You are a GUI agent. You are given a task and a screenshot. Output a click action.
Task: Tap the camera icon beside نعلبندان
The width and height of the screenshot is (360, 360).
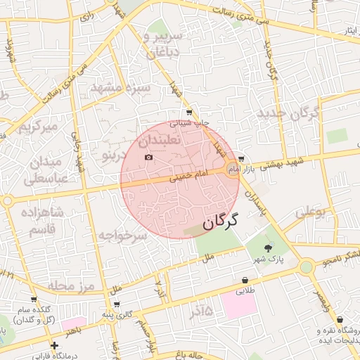click(148, 156)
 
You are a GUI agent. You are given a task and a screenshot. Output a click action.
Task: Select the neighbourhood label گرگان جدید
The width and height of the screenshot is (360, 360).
click(288, 112)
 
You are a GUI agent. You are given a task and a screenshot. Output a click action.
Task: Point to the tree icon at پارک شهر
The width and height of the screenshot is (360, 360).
click(267, 248)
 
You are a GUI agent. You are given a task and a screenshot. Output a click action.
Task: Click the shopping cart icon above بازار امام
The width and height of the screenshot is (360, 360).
click(242, 159)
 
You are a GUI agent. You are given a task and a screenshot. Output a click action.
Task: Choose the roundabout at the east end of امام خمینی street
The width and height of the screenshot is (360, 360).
click(233, 169)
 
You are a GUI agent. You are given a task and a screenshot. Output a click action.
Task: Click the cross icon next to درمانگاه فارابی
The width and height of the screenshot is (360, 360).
click(54, 345)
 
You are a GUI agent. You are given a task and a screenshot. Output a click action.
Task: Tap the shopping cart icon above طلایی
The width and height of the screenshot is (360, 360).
click(245, 280)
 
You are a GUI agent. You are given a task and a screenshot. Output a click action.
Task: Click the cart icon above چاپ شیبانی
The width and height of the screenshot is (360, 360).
click(188, 112)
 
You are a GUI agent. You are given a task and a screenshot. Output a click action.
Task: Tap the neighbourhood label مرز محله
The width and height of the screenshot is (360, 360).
click(71, 285)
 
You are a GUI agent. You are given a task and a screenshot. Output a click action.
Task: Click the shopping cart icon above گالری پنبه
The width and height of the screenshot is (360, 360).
click(116, 304)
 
